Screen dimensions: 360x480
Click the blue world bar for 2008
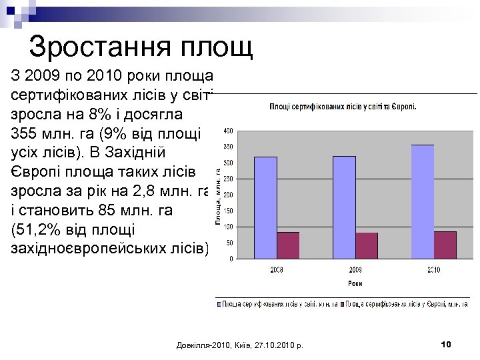(265, 207)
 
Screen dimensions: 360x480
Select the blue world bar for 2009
(344, 207)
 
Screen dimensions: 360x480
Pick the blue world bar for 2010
(423, 201)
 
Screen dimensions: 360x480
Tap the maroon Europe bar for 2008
(288, 245)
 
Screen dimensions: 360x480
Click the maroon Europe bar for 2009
(367, 245)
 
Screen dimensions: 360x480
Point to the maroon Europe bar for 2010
(445, 245)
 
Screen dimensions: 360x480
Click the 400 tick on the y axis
(228, 130)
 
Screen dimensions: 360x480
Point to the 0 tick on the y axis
(231, 259)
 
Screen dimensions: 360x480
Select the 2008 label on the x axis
(277, 270)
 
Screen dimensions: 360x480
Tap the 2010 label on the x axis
(434, 270)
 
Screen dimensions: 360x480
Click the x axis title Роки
(355, 283)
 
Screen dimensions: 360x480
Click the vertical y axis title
(218, 196)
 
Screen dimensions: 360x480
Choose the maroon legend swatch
(343, 304)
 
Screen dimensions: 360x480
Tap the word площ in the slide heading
(220, 48)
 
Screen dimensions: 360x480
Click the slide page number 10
(446, 344)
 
